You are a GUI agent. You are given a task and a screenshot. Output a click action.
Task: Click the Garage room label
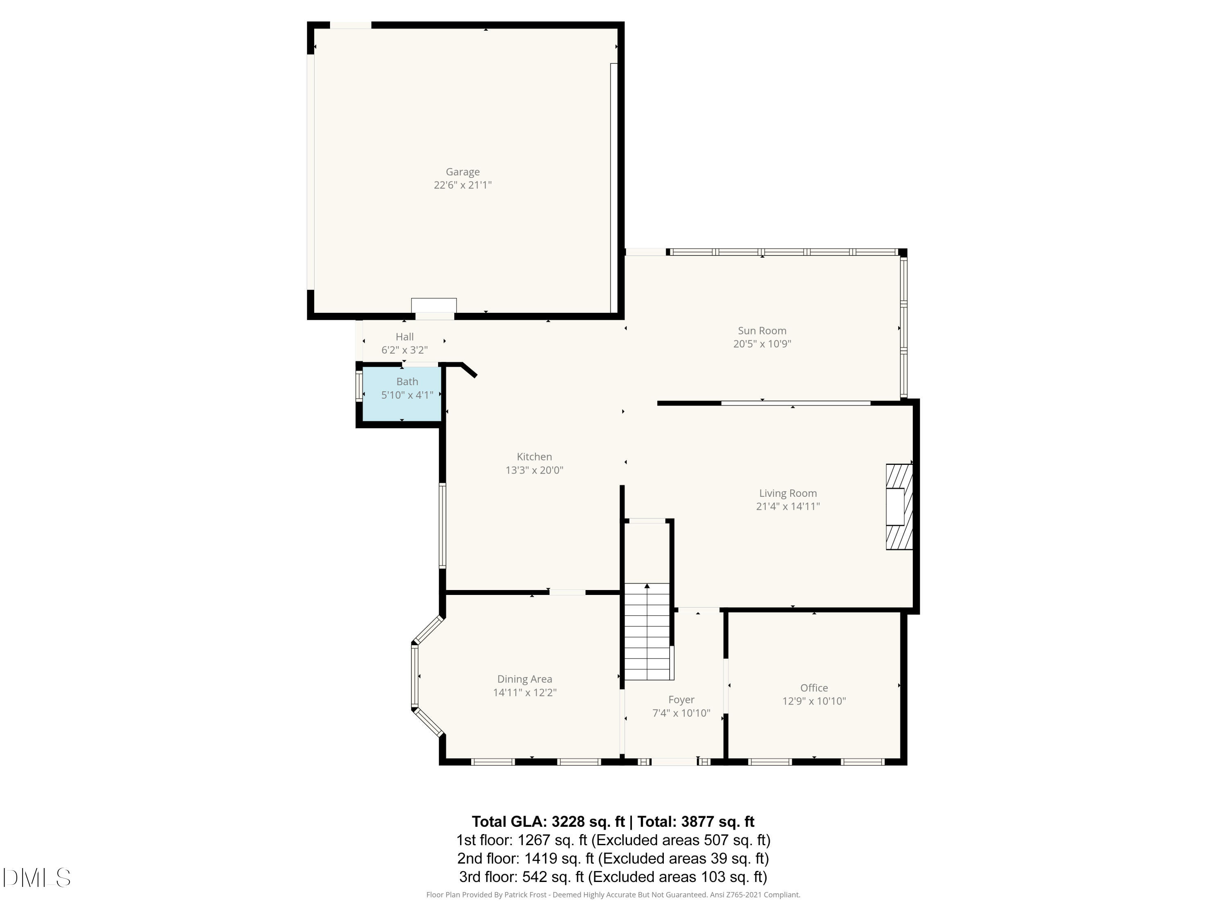[x=462, y=172]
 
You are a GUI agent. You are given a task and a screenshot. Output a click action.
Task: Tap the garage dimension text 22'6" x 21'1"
[x=462, y=185]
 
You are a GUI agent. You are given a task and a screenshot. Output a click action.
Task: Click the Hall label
[x=405, y=337]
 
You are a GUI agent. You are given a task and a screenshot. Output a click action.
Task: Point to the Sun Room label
[x=762, y=330]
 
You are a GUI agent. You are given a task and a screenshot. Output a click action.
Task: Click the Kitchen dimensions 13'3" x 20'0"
[x=534, y=470]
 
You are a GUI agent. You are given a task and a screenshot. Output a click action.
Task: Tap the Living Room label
[x=787, y=493]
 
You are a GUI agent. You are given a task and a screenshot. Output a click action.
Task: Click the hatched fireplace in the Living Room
[x=899, y=506]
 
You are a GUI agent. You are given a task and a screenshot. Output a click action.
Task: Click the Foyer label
[x=681, y=700]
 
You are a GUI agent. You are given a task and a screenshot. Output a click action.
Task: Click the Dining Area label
[x=524, y=679]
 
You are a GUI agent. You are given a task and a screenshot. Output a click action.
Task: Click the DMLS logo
[x=37, y=877]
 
